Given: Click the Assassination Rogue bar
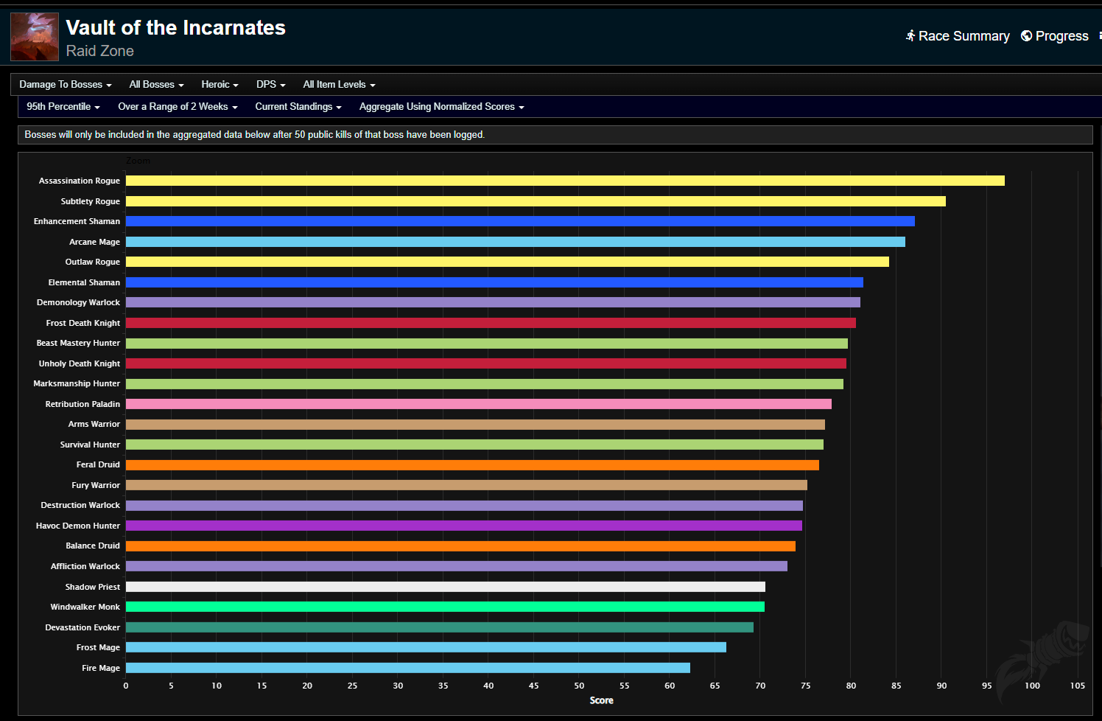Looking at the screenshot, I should (564, 181).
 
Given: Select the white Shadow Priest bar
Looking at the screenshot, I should (445, 587).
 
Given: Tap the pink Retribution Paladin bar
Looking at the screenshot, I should (478, 404).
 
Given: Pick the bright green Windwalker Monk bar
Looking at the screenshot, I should (445, 607).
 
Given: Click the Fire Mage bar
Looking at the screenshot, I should (407, 668).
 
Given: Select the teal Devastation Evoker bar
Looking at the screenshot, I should (439, 627).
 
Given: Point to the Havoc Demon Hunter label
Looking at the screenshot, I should (77, 526).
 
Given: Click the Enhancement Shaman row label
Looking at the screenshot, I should (77, 221).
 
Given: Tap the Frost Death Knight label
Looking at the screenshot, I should (83, 323).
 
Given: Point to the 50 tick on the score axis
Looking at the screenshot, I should (579, 686).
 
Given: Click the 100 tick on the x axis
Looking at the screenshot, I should (1032, 686).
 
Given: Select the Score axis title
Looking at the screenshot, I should (601, 700).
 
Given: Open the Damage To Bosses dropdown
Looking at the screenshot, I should (65, 85).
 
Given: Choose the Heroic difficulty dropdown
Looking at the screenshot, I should (220, 85).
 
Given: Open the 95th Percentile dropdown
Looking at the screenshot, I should (63, 107).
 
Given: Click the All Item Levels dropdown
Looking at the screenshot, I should (339, 85).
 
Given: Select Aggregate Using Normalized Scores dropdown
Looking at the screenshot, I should (441, 107).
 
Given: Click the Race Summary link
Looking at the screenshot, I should (958, 36).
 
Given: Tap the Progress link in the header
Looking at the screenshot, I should (1055, 36).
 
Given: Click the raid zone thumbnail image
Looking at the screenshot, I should (35, 37).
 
